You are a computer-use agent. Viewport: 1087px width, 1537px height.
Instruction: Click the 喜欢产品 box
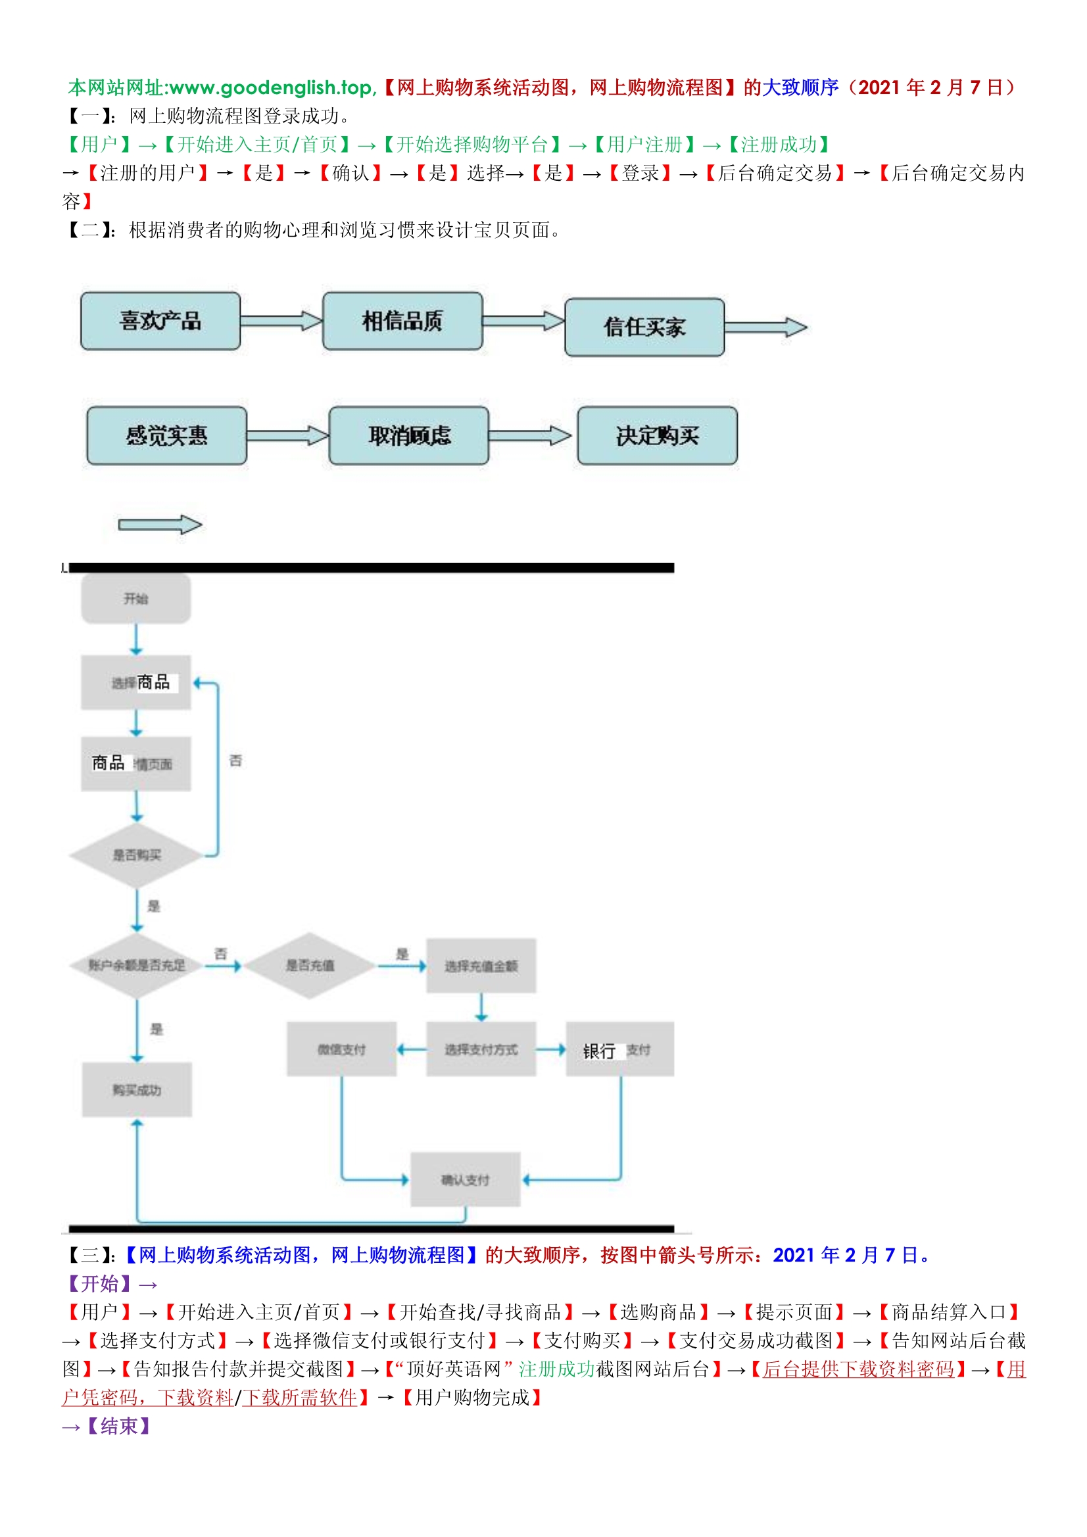point(160,321)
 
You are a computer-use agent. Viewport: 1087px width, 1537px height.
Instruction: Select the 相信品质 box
point(402,321)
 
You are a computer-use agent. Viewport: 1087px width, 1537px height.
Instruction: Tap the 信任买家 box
point(644,327)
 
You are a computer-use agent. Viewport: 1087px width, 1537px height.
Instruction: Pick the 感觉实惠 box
point(167,436)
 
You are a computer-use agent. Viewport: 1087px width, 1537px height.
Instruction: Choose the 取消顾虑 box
point(408,436)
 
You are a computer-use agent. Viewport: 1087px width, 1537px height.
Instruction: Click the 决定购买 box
point(657,436)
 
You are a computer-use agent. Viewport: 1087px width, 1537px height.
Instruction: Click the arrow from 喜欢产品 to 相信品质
point(281,321)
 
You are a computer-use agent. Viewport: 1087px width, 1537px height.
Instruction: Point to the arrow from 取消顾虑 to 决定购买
point(530,436)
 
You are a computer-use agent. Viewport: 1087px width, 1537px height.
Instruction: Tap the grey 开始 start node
point(136,599)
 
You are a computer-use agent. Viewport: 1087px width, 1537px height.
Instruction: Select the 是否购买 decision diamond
point(137,855)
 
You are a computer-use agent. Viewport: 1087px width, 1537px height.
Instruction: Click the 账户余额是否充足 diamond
point(137,965)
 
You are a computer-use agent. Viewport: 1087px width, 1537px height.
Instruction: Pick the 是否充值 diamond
point(310,965)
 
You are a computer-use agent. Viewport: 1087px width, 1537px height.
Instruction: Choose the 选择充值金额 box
point(481,966)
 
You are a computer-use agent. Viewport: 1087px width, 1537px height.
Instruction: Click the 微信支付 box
point(341,1050)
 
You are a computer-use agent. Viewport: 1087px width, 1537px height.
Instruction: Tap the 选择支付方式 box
point(481,1050)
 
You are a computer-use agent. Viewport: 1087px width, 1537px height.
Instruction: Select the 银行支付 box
point(619,1050)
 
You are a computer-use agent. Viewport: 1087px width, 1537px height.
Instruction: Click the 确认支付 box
point(465,1179)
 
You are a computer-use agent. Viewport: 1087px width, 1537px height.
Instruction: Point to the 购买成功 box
point(137,1090)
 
